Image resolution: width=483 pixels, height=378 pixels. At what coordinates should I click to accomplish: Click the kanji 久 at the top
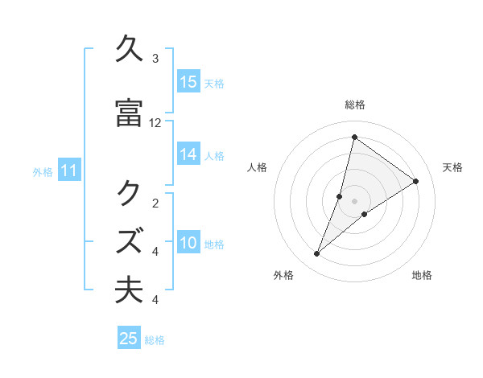coord(130,50)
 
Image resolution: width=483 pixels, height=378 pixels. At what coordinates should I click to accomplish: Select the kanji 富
coord(130,113)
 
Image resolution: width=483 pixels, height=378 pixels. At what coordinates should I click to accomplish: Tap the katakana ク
coord(130,194)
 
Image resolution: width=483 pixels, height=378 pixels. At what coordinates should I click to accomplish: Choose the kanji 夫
coord(130,290)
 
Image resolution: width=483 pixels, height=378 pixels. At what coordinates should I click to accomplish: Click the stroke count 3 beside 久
coord(155,59)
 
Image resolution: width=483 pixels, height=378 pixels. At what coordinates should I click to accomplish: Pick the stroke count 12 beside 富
coord(155,123)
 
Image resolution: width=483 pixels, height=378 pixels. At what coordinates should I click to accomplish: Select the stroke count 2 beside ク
coord(155,203)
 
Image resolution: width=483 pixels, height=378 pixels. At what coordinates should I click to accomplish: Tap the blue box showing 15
coord(188,82)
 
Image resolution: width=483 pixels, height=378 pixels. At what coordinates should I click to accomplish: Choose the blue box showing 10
coord(188,243)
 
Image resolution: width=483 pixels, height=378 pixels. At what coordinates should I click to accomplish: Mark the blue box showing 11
coord(68,171)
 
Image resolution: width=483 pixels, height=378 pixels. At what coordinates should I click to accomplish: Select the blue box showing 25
coord(129,339)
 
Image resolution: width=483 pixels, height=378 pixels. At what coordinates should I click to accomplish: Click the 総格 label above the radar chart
coord(354,105)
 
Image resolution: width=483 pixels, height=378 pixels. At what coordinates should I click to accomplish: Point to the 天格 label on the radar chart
coord(452,167)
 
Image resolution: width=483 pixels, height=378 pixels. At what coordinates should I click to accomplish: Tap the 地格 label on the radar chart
coord(422,276)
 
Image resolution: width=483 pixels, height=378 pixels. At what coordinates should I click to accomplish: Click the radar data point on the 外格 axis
coord(317,254)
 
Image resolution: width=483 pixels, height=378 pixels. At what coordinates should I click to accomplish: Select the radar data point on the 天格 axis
coord(416,181)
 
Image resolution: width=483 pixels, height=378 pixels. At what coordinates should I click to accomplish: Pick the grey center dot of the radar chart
coord(355,201)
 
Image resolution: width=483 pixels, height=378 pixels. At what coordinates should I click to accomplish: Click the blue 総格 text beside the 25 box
coord(155,340)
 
